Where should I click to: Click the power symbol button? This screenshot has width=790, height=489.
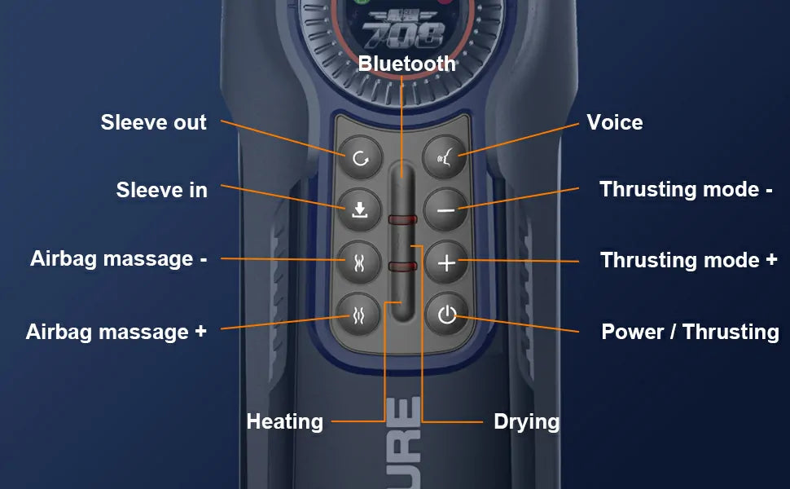click(446, 315)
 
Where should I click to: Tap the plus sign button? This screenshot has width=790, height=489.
click(446, 262)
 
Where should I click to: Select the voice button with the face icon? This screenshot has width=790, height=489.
click(445, 158)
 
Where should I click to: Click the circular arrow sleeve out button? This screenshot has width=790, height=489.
click(360, 158)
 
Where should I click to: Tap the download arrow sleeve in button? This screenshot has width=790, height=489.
click(359, 210)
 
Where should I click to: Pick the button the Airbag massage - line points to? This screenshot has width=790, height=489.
click(358, 262)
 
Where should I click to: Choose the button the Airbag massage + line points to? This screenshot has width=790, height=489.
click(358, 315)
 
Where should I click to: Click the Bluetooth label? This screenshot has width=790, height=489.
click(406, 64)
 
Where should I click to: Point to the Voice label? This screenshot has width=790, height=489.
click(615, 122)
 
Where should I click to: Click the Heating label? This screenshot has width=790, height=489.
click(285, 421)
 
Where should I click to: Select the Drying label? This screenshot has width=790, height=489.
click(526, 421)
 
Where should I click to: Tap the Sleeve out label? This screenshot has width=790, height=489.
click(154, 122)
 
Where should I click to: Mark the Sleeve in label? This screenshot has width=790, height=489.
click(162, 190)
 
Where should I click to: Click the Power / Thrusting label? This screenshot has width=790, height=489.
click(691, 332)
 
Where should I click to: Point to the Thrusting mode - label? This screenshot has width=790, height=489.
click(686, 190)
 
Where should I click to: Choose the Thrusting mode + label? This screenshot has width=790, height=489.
click(689, 260)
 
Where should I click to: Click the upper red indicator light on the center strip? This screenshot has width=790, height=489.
click(402, 220)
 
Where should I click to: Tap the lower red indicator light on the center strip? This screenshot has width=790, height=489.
click(402, 267)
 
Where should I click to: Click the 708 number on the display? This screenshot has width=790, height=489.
click(403, 35)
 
